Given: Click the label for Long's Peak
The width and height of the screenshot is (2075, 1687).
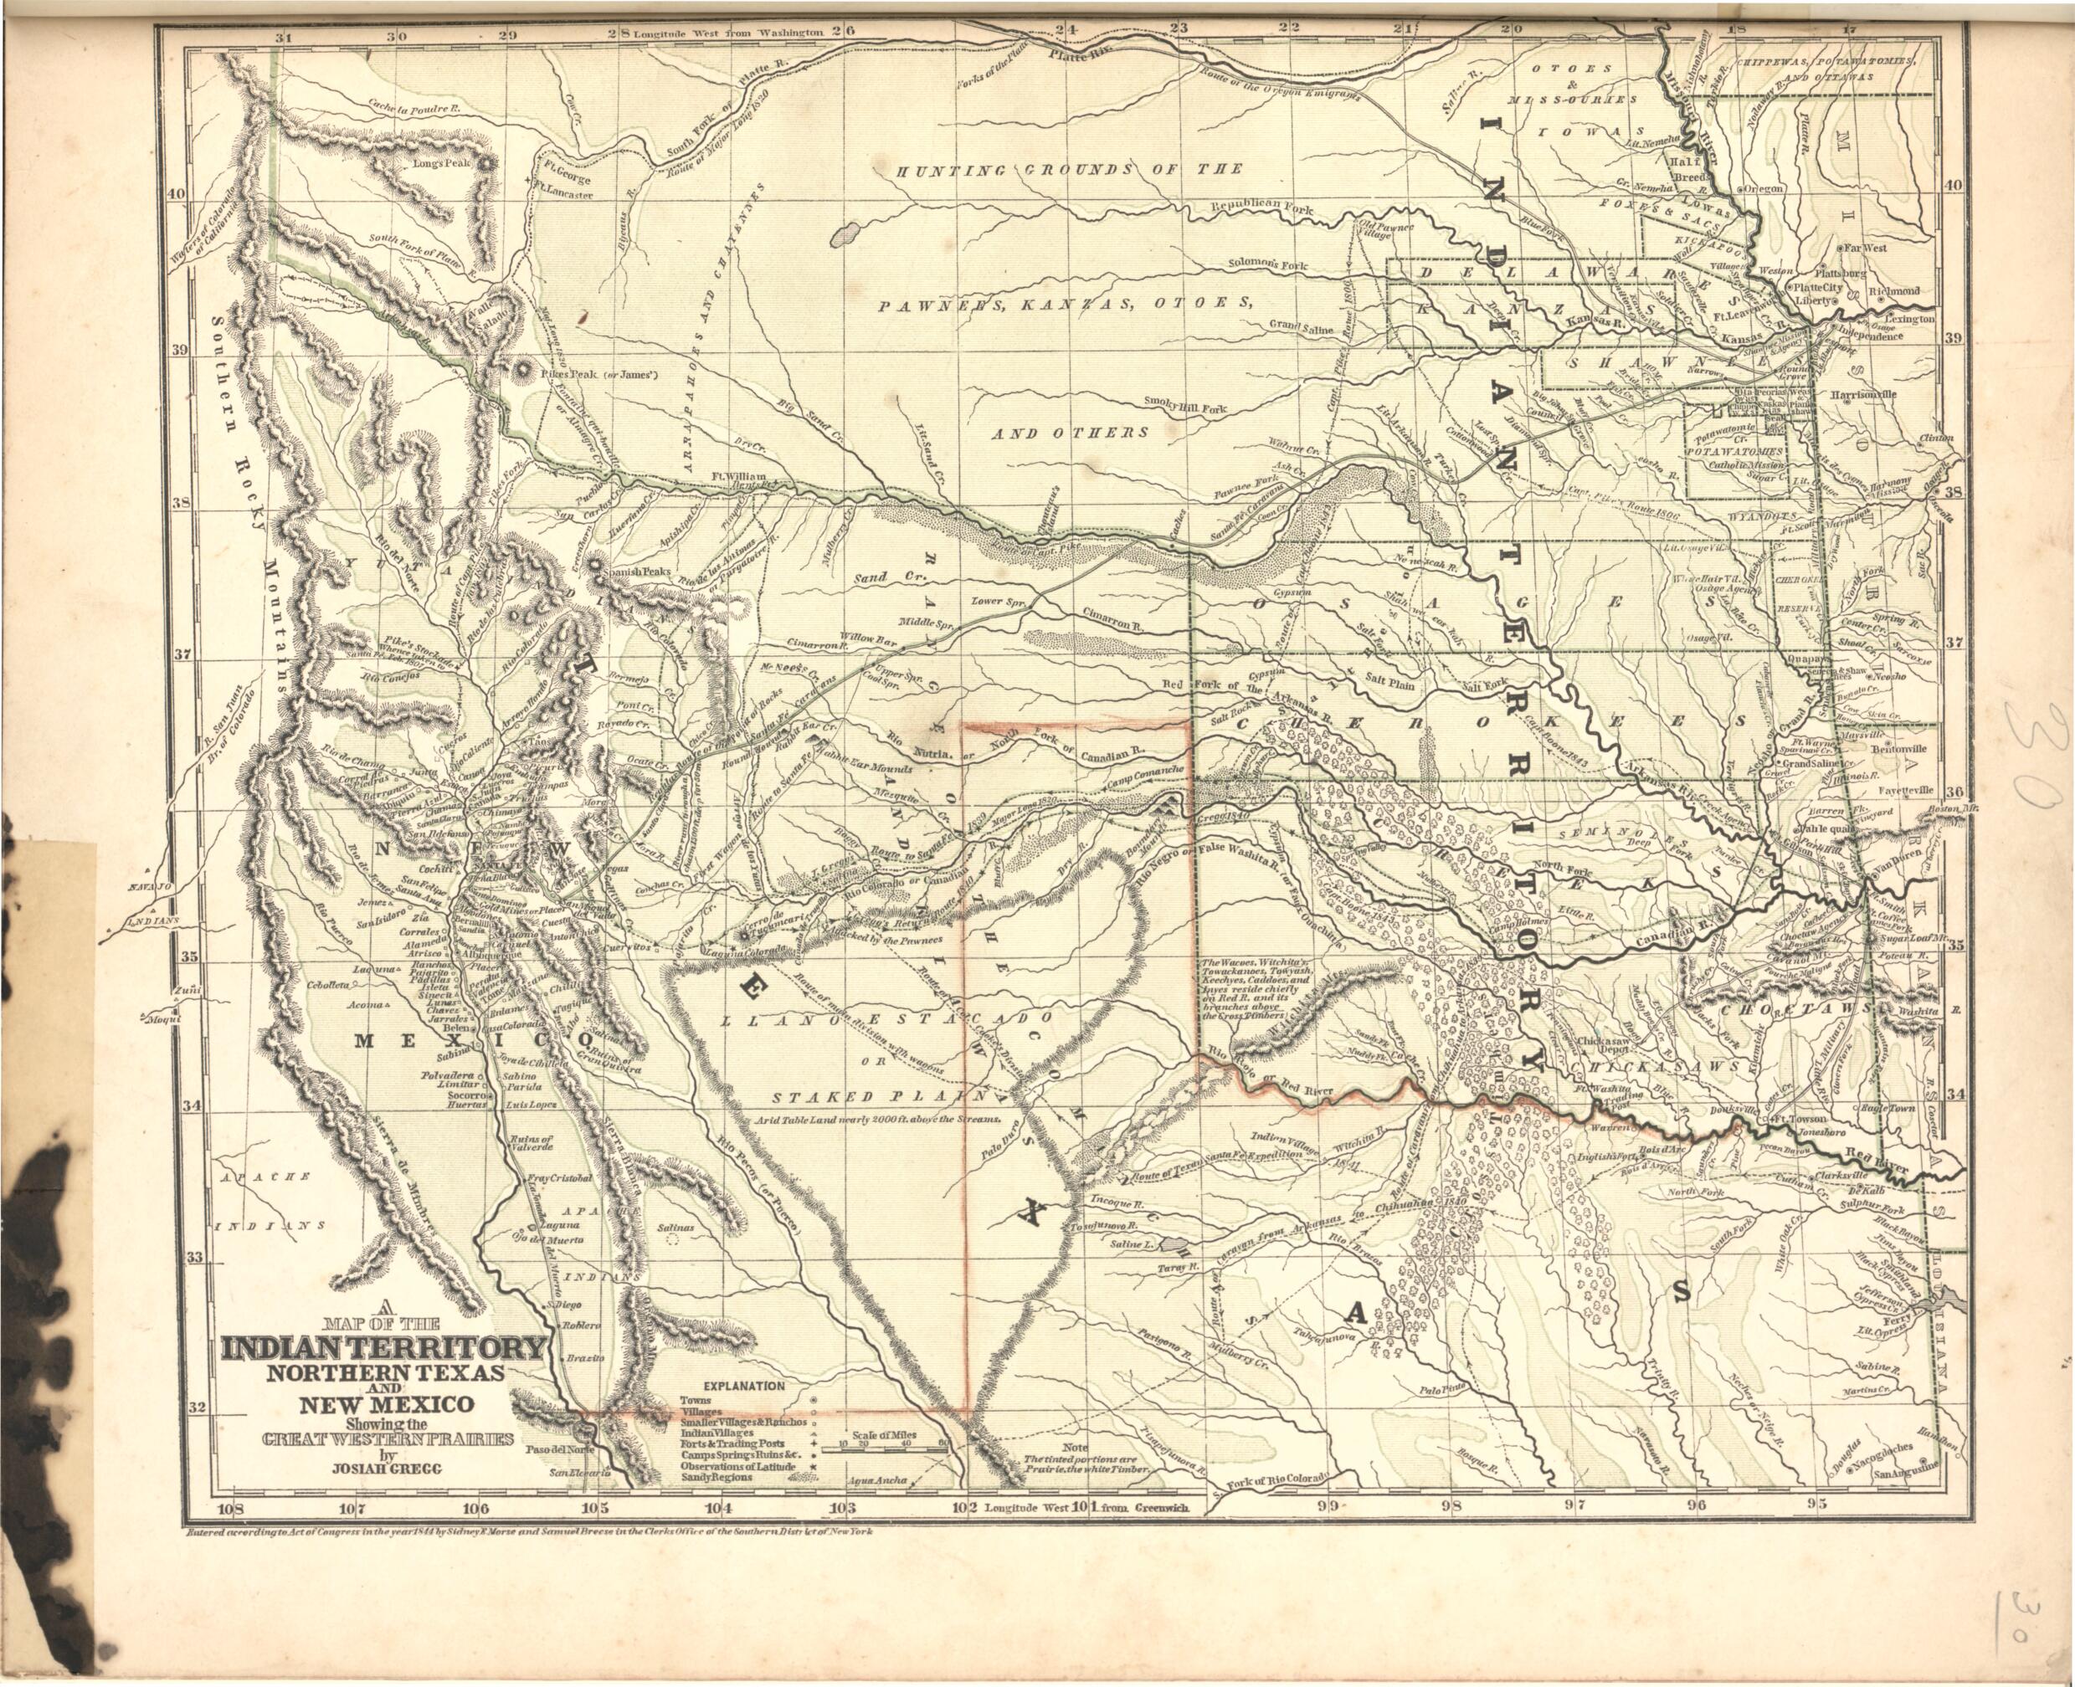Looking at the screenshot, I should (442, 163).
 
